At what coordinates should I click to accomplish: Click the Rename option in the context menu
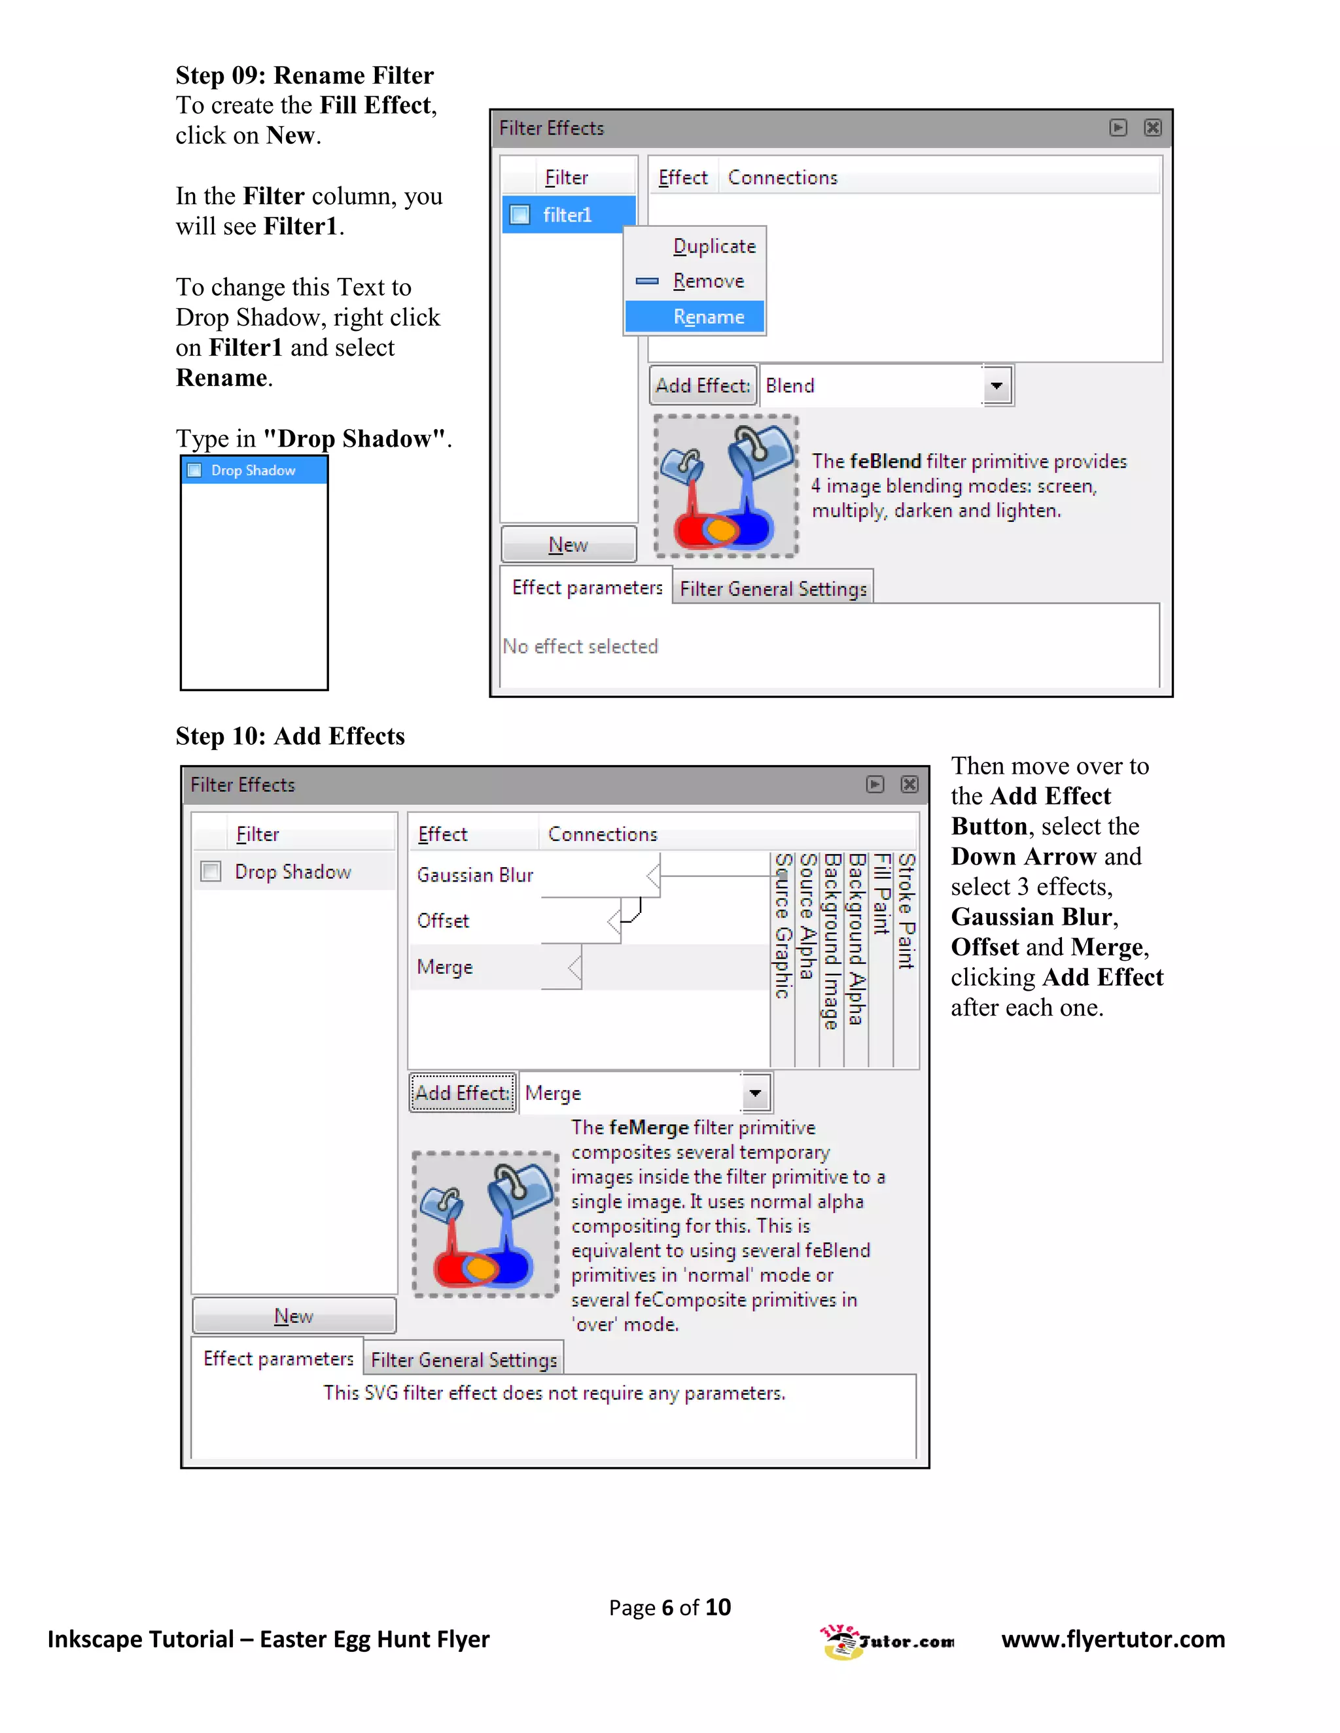point(707,317)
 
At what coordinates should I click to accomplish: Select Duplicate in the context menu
point(714,246)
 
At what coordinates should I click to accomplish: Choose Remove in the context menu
point(707,281)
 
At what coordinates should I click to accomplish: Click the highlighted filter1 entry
point(567,215)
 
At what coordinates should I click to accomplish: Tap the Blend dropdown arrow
point(996,386)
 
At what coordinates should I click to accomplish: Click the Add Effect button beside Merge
point(462,1093)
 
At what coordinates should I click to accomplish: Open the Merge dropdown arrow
point(755,1093)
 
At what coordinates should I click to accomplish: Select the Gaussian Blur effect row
point(475,874)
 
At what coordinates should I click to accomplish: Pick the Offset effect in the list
point(443,921)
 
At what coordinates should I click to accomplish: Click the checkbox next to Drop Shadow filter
point(211,871)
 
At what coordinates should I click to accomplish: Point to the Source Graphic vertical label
point(783,925)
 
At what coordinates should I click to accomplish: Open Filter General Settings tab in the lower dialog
point(464,1360)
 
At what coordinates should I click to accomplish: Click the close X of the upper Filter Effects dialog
point(1152,128)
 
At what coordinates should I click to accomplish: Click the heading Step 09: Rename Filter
point(304,75)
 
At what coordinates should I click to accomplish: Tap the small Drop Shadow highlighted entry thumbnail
point(253,471)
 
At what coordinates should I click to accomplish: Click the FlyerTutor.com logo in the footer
point(886,1640)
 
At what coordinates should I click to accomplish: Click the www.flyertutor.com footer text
point(1112,1639)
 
